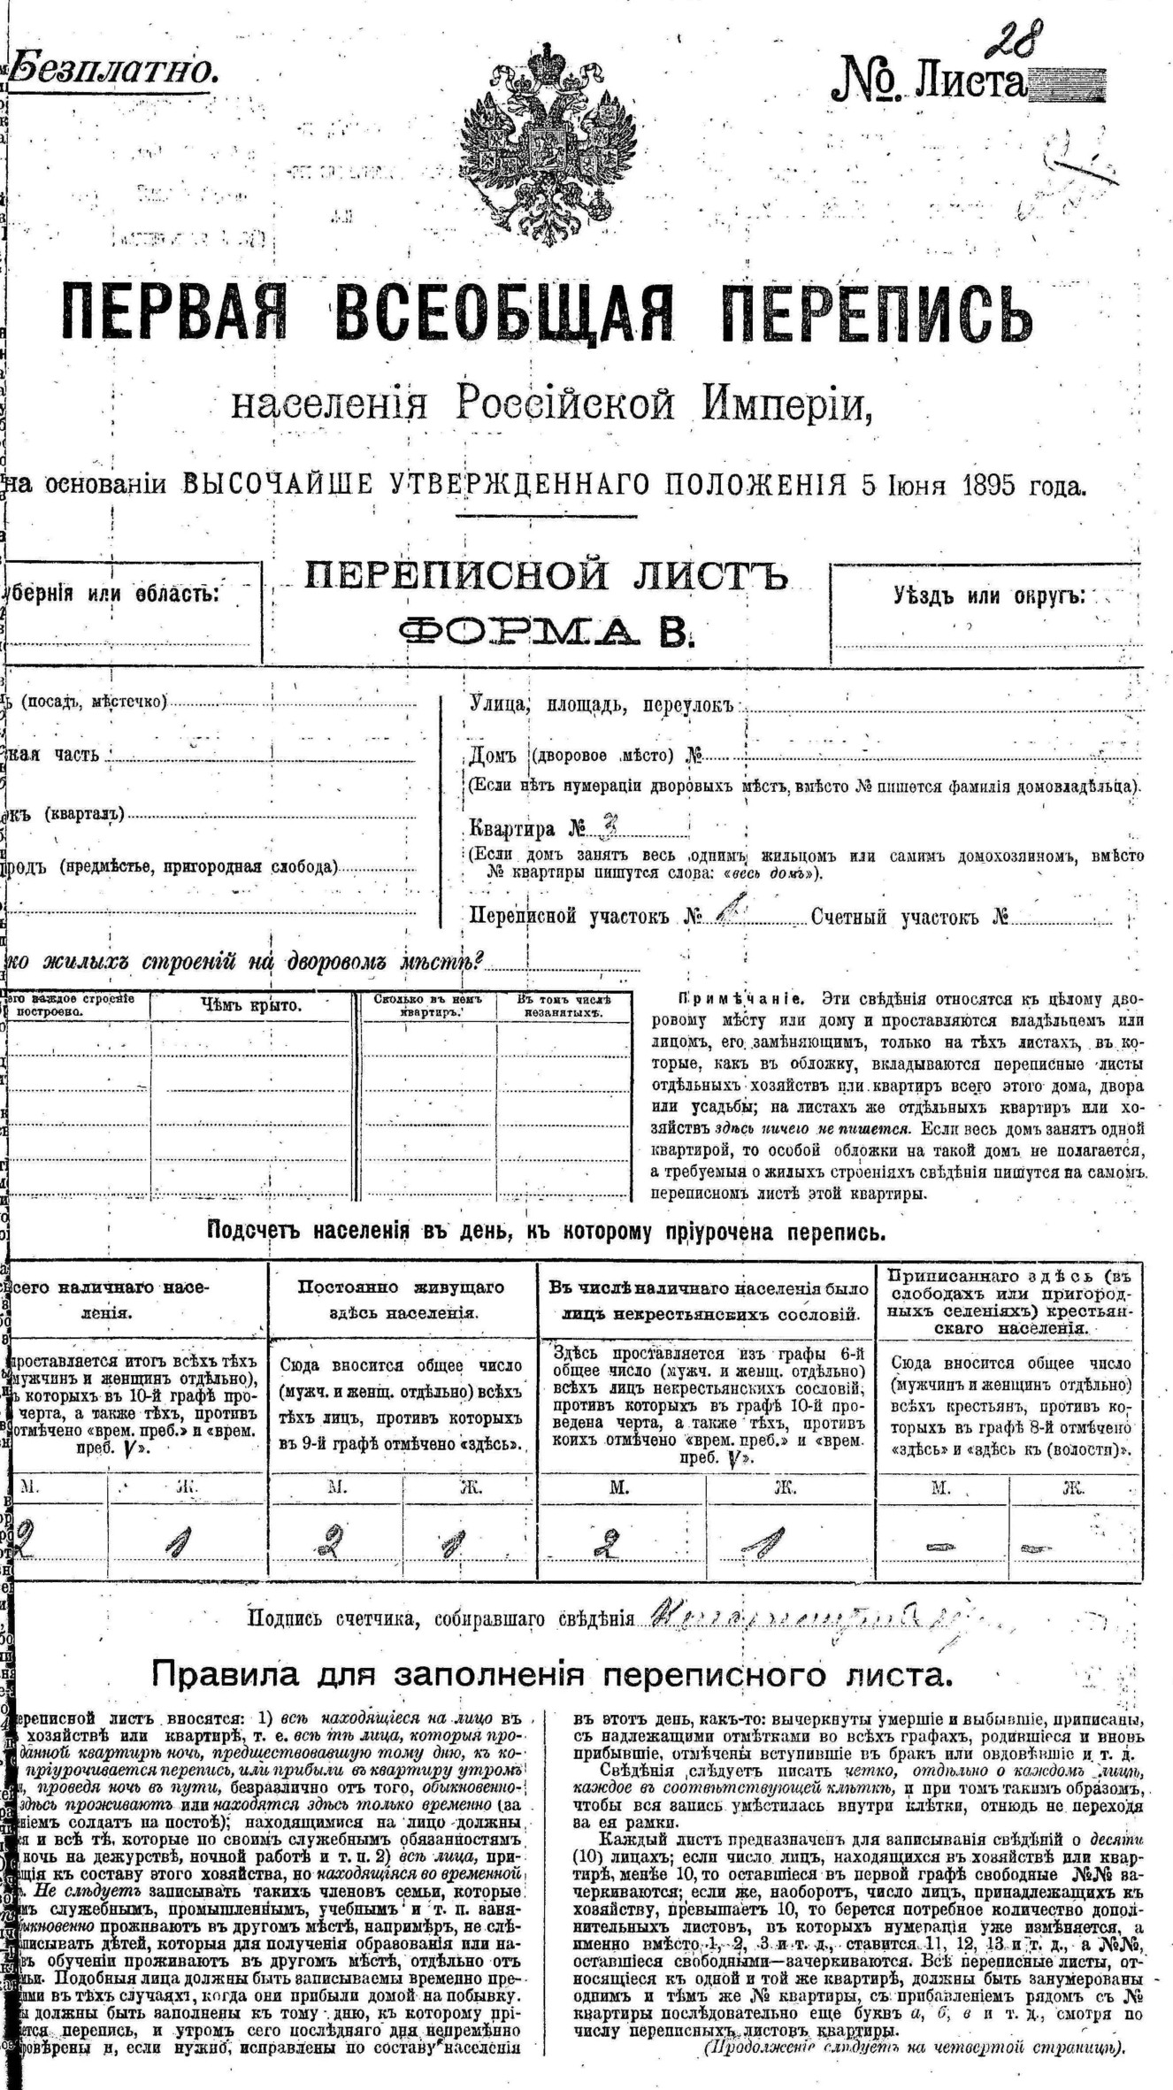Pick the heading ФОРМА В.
click(545, 630)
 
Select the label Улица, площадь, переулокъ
click(602, 705)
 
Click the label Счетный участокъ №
click(909, 917)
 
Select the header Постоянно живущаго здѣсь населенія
click(403, 1299)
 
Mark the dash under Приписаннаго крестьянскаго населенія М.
click(939, 1548)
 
